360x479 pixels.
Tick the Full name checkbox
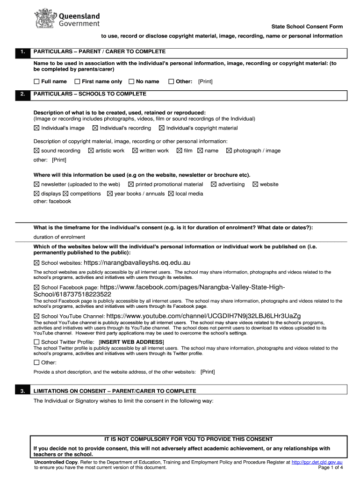click(x=36, y=81)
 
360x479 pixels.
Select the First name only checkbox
click(x=77, y=81)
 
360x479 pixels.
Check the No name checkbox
click(x=131, y=81)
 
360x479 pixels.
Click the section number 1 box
click(x=22, y=52)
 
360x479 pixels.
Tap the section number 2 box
click(x=22, y=94)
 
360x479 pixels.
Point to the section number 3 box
click(x=22, y=391)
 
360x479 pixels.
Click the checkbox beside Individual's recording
click(x=95, y=128)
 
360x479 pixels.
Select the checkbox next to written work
click(x=135, y=151)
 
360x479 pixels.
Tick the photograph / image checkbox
click(x=229, y=151)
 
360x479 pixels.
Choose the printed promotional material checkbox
click(x=131, y=184)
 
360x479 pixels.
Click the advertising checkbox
click(x=214, y=184)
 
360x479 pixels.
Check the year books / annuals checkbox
click(x=110, y=194)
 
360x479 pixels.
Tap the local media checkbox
click(x=171, y=194)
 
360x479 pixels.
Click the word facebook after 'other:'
click(x=60, y=201)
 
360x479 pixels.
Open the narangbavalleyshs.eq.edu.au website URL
click(x=137, y=262)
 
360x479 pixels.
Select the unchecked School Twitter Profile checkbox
click(x=36, y=342)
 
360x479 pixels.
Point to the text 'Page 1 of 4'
click(x=331, y=467)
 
